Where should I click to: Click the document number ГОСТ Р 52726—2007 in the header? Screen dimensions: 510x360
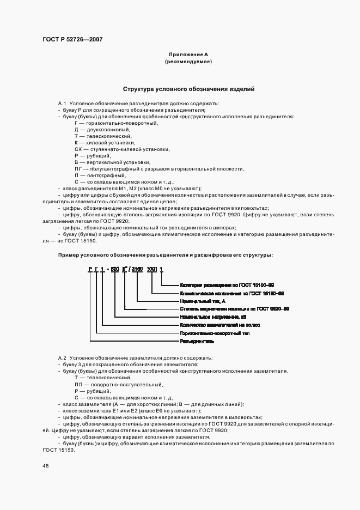click(x=72, y=39)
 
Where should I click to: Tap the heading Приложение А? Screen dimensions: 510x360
click(x=188, y=54)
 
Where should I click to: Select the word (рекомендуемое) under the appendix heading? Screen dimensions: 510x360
click(x=188, y=62)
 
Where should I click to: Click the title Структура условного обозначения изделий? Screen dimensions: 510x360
click(x=188, y=89)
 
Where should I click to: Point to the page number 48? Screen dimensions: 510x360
click(x=45, y=466)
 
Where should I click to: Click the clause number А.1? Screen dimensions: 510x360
click(x=62, y=104)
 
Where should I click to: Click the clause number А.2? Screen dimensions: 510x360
click(x=62, y=357)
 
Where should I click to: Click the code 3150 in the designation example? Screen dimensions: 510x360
click(x=137, y=269)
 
